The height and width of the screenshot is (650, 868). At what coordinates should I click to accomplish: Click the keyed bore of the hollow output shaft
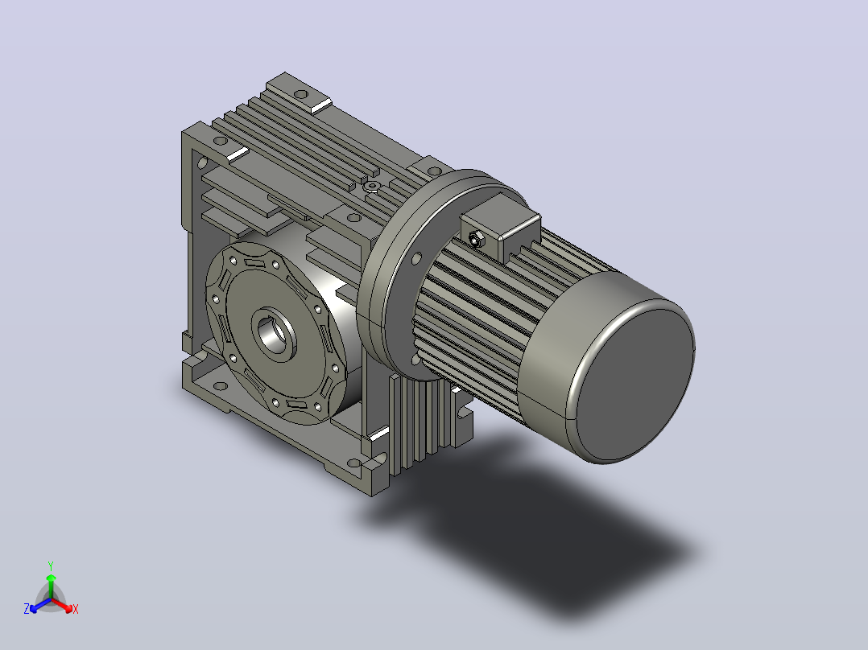click(275, 334)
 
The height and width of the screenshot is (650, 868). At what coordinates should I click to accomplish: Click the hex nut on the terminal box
click(475, 239)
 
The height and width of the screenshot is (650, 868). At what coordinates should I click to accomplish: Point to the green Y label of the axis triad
click(51, 566)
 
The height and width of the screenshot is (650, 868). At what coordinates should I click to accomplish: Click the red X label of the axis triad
click(76, 609)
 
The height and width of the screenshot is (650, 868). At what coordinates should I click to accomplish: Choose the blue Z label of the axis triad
click(27, 608)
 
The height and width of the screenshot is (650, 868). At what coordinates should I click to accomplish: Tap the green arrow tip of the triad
click(51, 577)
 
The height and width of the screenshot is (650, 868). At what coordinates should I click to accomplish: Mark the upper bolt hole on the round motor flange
click(417, 257)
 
